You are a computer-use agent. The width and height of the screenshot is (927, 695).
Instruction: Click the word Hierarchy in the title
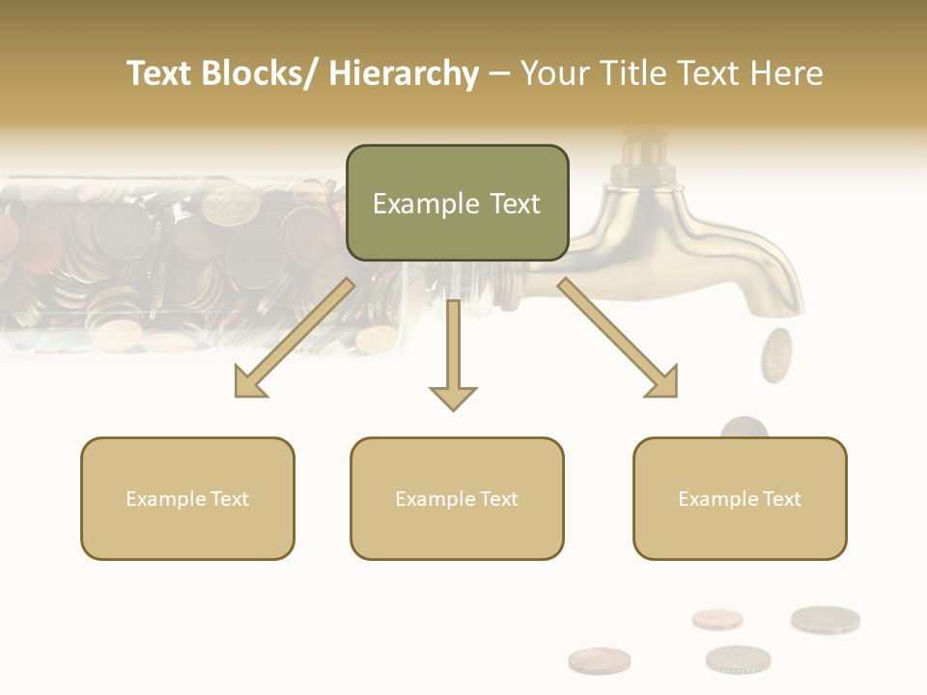pos(404,73)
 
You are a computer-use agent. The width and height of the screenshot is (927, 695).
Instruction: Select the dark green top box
pos(457,203)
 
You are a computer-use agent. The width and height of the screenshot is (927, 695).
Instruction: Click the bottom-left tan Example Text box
pos(187,499)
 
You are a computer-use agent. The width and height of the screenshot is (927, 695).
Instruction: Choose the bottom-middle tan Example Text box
pos(457,499)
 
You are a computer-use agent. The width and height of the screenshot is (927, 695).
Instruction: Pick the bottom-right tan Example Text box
pos(740,499)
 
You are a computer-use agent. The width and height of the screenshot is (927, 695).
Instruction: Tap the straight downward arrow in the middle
pos(453,357)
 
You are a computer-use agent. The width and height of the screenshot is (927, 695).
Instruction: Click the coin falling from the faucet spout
pos(775,353)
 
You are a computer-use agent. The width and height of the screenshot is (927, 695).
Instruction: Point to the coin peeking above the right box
pos(744,428)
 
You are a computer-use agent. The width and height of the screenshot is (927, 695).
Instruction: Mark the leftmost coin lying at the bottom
pos(599,660)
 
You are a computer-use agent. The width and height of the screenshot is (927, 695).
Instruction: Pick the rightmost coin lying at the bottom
pos(825,620)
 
